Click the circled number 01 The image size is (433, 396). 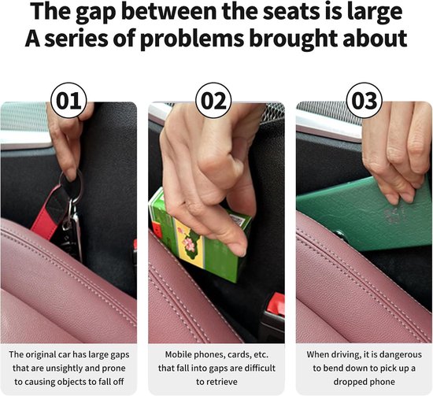tap(68, 100)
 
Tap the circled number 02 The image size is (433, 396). tap(213, 100)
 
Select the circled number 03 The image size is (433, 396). tap(365, 100)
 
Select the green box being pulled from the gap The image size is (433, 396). tap(199, 235)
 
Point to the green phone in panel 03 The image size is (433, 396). tap(365, 214)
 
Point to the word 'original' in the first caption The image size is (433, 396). tap(38, 354)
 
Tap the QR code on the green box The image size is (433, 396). tap(237, 220)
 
